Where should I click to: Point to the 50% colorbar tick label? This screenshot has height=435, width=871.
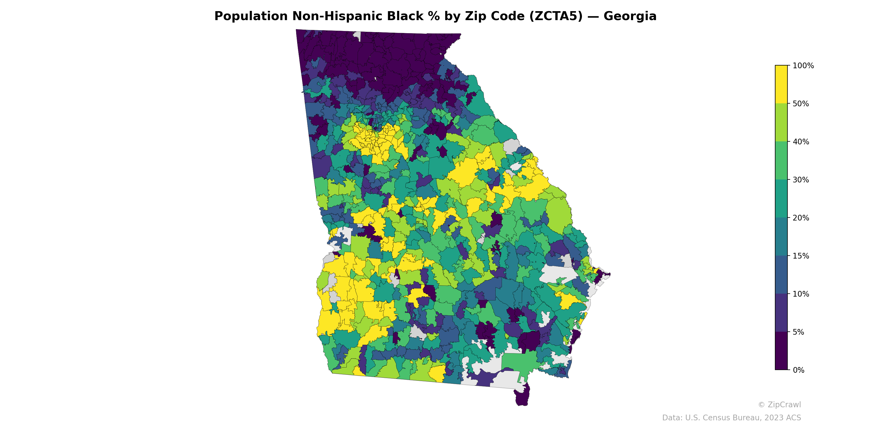point(801,104)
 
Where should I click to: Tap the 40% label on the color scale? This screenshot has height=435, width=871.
point(801,142)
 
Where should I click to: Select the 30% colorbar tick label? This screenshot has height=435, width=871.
point(801,180)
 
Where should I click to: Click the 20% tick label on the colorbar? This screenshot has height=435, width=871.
point(801,218)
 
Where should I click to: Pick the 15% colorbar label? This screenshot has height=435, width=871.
point(801,256)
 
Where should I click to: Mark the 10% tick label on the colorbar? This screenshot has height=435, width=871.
point(801,294)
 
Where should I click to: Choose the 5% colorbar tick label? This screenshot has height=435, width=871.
point(798,332)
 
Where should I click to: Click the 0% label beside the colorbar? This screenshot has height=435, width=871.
point(798,370)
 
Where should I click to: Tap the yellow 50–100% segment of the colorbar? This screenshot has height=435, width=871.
point(781,85)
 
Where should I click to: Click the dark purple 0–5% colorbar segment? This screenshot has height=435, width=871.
point(781,351)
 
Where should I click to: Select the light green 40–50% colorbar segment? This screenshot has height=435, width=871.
point(781,123)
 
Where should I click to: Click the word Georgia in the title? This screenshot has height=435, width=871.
point(630,16)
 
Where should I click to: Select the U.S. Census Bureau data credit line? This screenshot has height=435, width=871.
point(731,418)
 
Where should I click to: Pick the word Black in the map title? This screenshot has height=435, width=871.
point(413,16)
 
